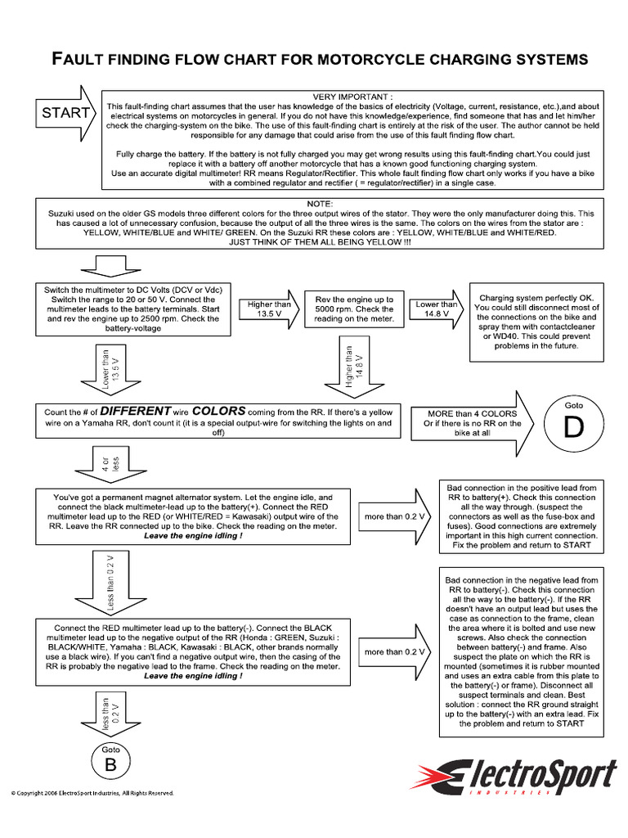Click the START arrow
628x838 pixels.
(x=65, y=113)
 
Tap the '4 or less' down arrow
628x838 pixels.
(x=105, y=464)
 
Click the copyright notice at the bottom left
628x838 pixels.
(x=92, y=793)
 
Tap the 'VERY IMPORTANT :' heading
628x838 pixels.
(x=352, y=96)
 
